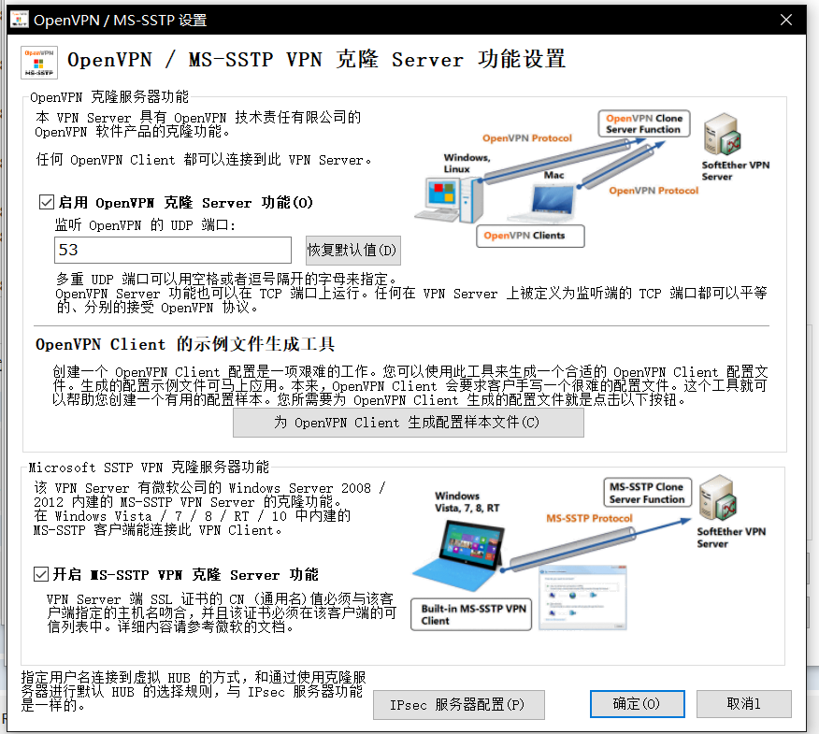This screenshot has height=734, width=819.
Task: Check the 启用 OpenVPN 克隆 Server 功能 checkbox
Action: (x=47, y=202)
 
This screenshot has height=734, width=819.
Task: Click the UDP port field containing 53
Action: (x=173, y=250)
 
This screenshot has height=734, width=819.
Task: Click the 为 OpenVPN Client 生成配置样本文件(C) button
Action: (x=408, y=423)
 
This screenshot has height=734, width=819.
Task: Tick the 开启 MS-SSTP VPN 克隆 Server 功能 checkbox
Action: (x=40, y=574)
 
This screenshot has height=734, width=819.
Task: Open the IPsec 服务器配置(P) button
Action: (x=458, y=704)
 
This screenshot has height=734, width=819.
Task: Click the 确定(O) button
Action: (x=636, y=704)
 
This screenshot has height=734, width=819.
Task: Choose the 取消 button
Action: (x=744, y=704)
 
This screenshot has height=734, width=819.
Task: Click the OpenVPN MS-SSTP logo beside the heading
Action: (x=39, y=63)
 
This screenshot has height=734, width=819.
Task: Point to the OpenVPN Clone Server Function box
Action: (x=644, y=123)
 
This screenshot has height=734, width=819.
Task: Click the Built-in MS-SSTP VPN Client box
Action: (x=473, y=613)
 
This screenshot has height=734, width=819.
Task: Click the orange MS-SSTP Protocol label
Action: (x=589, y=519)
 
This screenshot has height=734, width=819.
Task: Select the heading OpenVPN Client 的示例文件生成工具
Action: (x=185, y=344)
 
